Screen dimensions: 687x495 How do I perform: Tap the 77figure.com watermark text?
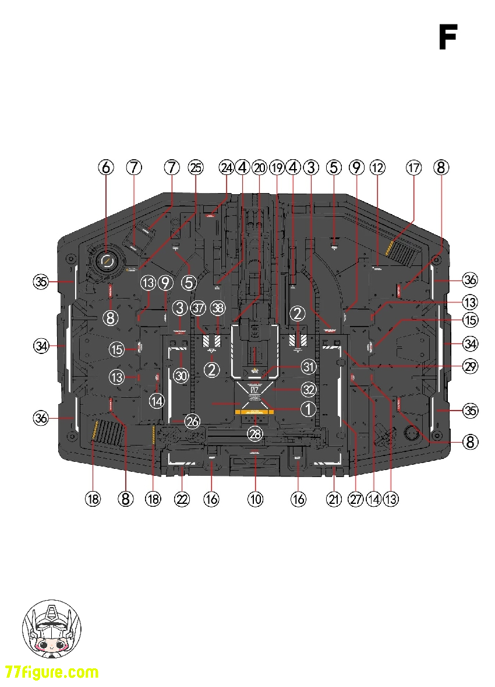tap(52, 672)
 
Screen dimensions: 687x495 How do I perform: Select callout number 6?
tap(105, 168)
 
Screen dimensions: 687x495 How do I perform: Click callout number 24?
tap(226, 168)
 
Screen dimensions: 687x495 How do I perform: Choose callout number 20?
tap(259, 168)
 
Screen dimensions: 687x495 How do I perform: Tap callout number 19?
tap(277, 168)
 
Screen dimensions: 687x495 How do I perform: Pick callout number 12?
tap(378, 168)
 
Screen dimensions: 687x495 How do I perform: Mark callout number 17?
tap(413, 168)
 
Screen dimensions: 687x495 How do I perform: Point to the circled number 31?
tap(308, 367)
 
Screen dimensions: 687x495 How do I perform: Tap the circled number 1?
tap(308, 409)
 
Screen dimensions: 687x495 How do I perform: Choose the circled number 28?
tap(255, 433)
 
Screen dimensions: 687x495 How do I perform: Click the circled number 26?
tap(192, 420)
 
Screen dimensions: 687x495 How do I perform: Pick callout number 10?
tap(255, 499)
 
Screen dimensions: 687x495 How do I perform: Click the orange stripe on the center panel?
tap(254, 411)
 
